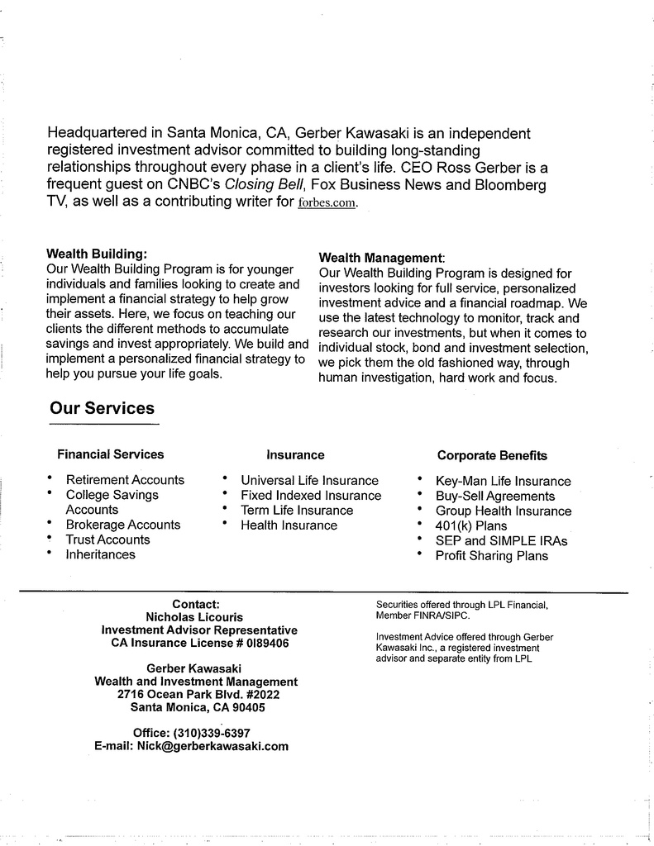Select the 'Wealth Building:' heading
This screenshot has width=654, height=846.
tap(97, 254)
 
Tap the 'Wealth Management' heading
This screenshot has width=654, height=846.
tap(381, 258)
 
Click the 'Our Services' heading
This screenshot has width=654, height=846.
tap(102, 408)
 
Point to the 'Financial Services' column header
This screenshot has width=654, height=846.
tap(110, 454)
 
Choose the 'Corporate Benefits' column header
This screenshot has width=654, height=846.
tap(492, 455)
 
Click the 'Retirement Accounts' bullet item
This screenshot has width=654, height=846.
tap(125, 480)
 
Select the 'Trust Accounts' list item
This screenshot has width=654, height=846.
tap(107, 539)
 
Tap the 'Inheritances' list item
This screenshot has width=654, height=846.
tap(100, 554)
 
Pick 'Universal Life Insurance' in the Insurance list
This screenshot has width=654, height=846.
tap(309, 480)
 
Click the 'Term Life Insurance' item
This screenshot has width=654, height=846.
tap(296, 510)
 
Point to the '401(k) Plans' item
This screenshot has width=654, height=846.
tap(471, 525)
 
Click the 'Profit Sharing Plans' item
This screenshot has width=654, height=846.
tap(491, 556)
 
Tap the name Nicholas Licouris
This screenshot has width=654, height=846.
tap(195, 616)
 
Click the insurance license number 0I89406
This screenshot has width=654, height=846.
tap(260, 643)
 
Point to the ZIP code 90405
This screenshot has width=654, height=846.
tap(245, 708)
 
